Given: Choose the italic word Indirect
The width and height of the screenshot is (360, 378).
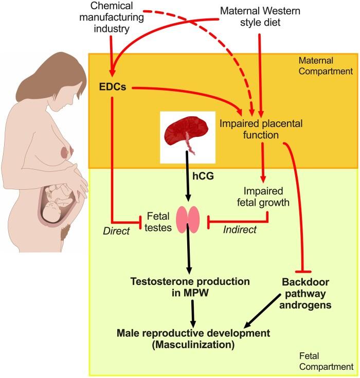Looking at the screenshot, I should pyautogui.click(x=240, y=229).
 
